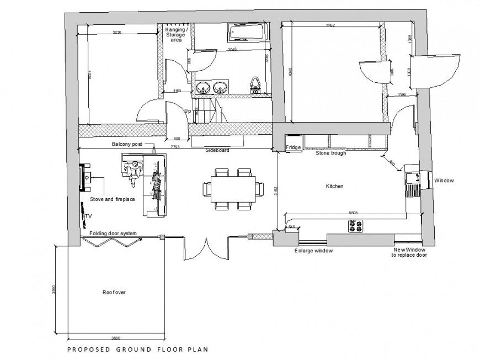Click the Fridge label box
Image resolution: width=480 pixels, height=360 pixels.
click(x=293, y=147)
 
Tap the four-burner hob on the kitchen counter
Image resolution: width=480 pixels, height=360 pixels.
click(x=355, y=225)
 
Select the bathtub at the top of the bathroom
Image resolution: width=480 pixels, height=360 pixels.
click(x=248, y=34)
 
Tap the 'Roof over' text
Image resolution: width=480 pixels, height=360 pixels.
click(x=114, y=292)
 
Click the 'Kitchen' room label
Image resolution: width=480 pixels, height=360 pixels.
click(x=334, y=187)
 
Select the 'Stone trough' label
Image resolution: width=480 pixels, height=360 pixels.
click(x=330, y=153)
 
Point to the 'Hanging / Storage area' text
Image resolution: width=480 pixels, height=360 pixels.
click(x=176, y=35)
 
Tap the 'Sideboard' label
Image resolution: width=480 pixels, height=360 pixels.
click(x=217, y=150)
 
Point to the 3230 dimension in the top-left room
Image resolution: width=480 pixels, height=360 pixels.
click(x=117, y=33)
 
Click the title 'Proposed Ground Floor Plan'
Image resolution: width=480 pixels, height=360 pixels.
click(x=137, y=349)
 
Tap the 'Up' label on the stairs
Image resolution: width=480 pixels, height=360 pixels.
click(x=188, y=111)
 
